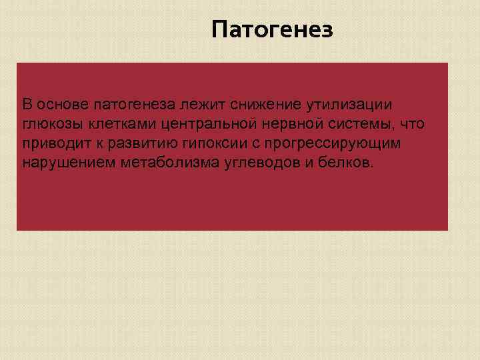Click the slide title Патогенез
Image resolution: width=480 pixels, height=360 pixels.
(x=271, y=30)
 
